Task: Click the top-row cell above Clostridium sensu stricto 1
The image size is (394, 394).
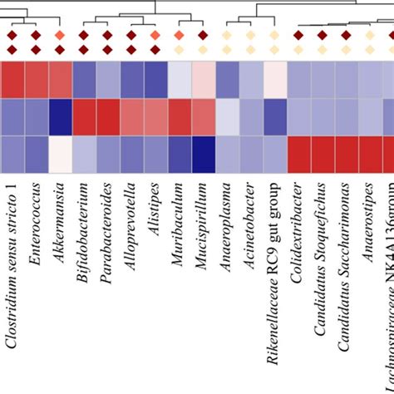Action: click(12, 80)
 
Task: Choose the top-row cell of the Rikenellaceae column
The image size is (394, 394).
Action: click(274, 80)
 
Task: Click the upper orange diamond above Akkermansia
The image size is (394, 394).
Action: click(59, 35)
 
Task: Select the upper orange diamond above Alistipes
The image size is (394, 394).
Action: click(155, 35)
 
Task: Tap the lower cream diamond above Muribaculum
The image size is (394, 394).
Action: click(179, 50)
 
